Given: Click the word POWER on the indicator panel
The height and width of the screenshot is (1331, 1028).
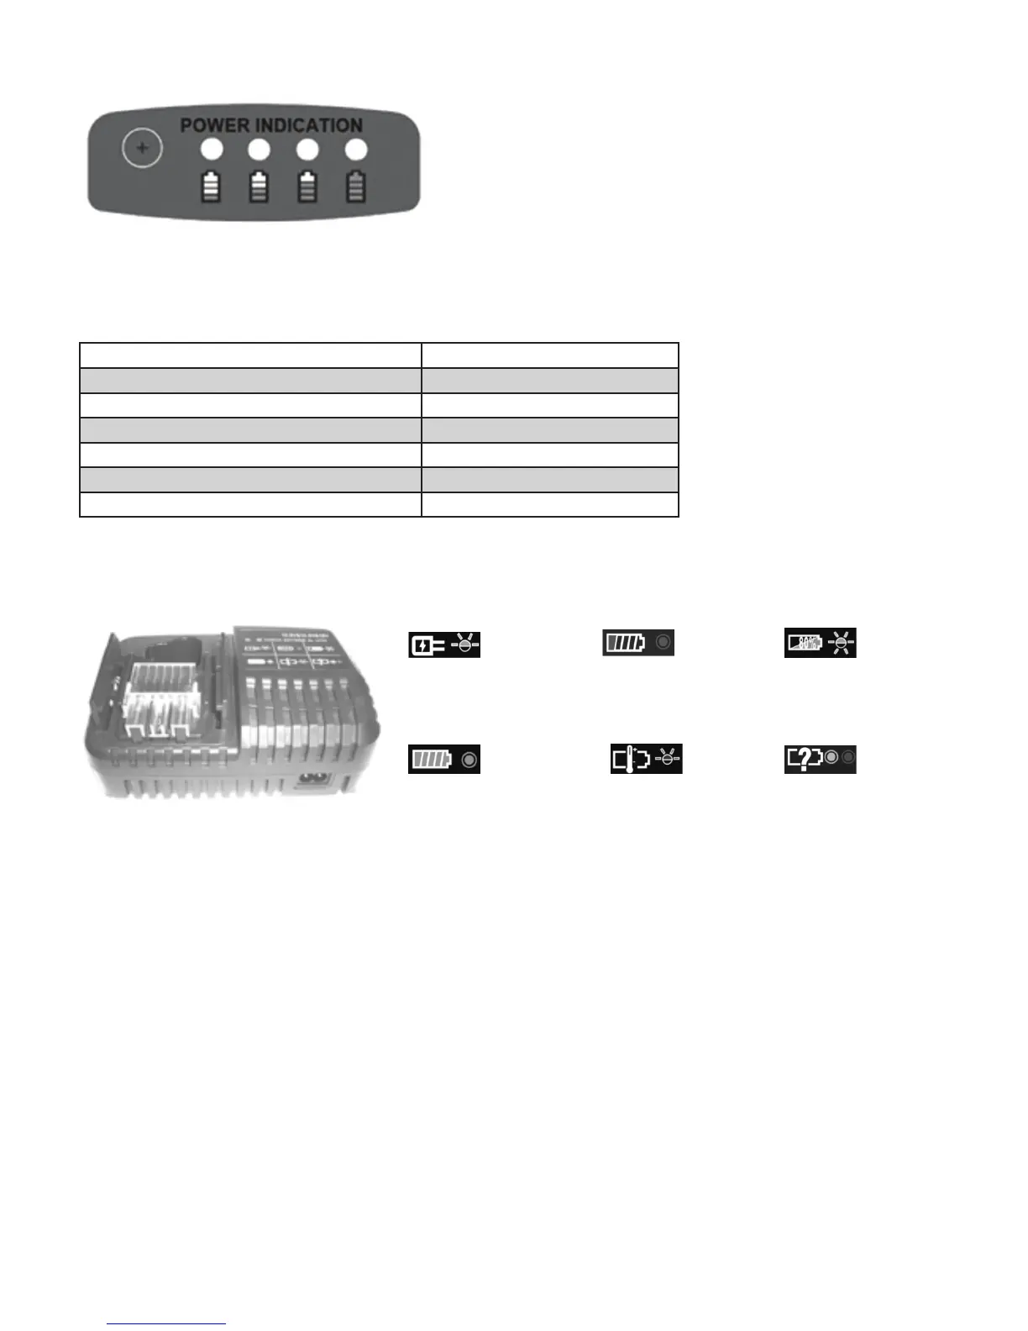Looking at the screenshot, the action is pyautogui.click(x=215, y=125).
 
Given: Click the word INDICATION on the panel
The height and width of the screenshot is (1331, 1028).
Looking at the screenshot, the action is pyautogui.click(x=308, y=125).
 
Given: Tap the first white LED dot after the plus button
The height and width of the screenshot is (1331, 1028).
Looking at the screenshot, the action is pyautogui.click(x=212, y=150).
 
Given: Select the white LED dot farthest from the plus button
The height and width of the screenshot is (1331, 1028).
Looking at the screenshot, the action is pyautogui.click(x=356, y=150).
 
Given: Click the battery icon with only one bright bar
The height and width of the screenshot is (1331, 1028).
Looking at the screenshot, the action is pyautogui.click(x=356, y=187).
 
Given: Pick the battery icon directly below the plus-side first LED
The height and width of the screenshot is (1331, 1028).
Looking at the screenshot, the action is pyautogui.click(x=211, y=187).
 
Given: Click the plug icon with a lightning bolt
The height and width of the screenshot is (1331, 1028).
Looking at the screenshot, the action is pyautogui.click(x=427, y=644).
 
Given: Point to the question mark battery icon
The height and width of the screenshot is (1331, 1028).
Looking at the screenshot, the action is pyautogui.click(x=803, y=759).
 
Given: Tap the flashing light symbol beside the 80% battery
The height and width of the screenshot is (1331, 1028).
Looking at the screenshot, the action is pyautogui.click(x=841, y=643).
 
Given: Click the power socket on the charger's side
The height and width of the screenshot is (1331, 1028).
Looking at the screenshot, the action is pyautogui.click(x=312, y=779).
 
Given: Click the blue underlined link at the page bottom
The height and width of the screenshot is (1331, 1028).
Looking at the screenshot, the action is pyautogui.click(x=166, y=1323).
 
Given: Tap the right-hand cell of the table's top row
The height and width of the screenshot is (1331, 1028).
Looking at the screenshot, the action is pyautogui.click(x=549, y=355).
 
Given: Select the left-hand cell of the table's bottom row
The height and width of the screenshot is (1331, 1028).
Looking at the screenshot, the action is pyautogui.click(x=250, y=504).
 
